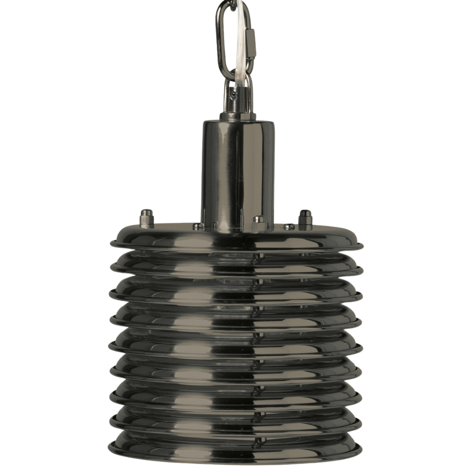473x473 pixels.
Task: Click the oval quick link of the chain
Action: click(221, 43)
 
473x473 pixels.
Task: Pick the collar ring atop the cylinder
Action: click(237, 116)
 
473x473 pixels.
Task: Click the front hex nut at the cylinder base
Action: click(258, 223)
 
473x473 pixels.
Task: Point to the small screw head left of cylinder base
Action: click(198, 227)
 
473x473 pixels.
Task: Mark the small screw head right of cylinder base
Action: click(289, 227)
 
